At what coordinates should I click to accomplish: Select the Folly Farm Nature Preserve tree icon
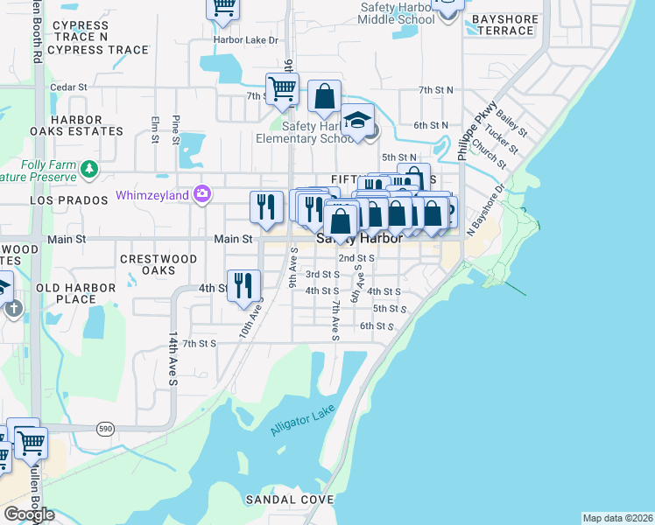(88, 167)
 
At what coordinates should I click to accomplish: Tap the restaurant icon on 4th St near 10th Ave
(243, 284)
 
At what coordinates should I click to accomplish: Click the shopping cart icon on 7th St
(282, 88)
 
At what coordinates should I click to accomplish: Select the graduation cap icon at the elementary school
(356, 120)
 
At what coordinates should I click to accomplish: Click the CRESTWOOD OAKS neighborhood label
(158, 264)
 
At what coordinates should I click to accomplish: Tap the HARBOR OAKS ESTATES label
(76, 125)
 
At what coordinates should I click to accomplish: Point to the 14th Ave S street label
(173, 358)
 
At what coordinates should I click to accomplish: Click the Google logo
(29, 514)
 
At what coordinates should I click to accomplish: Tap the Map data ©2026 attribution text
(617, 518)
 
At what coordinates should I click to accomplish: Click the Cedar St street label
(69, 87)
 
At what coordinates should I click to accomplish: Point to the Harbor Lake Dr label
(246, 40)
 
